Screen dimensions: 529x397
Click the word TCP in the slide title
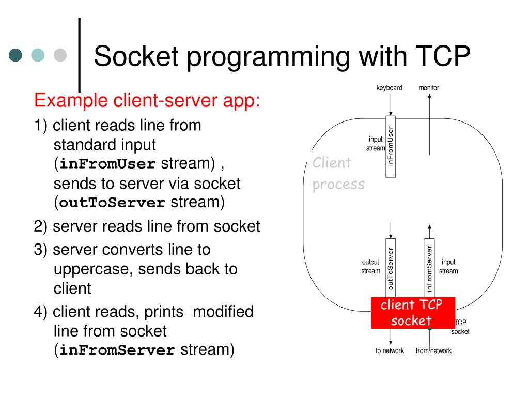[443, 56]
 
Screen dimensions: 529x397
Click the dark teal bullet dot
[15, 55]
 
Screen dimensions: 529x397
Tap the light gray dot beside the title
[60, 55]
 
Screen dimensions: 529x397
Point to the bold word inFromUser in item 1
[107, 164]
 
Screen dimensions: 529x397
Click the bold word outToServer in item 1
[112, 203]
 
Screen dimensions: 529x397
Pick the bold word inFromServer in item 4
[117, 350]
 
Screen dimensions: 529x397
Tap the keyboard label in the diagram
[390, 88]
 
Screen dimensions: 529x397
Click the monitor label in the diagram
[429, 88]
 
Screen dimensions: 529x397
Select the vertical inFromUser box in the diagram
[391, 146]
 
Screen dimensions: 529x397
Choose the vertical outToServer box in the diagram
[391, 268]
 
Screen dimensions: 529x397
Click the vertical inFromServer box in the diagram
[429, 268]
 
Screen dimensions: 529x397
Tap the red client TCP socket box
[413, 313]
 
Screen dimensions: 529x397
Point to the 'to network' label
[390, 351]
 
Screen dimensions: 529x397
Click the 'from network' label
[433, 351]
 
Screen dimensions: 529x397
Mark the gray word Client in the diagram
[332, 163]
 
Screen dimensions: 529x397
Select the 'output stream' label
[371, 266]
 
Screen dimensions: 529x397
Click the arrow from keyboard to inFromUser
[391, 104]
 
